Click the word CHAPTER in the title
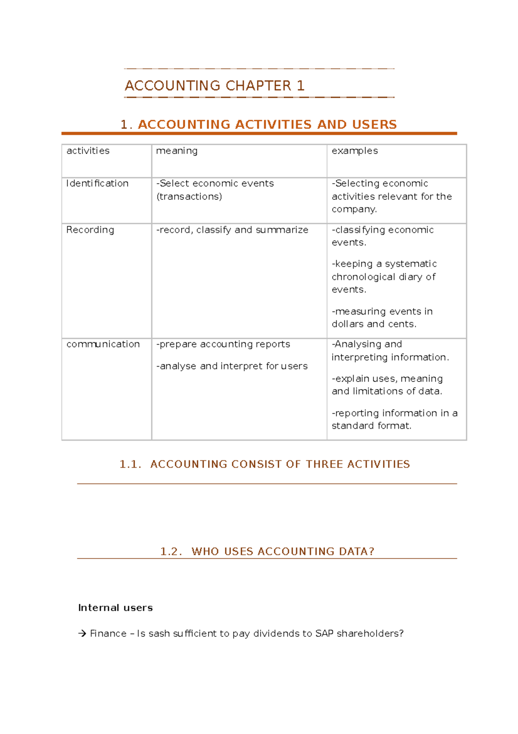(258, 86)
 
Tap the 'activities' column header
(88, 151)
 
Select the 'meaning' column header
(177, 151)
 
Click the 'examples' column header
(354, 151)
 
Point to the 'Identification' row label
(97, 183)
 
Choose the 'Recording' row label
(90, 230)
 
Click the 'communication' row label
(103, 344)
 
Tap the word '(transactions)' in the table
(189, 197)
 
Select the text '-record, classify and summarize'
(232, 230)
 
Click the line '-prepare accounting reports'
(223, 345)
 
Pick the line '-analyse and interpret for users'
(232, 366)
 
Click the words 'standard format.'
(371, 426)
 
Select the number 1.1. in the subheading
(130, 464)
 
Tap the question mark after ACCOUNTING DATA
(371, 552)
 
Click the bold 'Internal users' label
(115, 608)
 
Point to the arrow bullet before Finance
(82, 634)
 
